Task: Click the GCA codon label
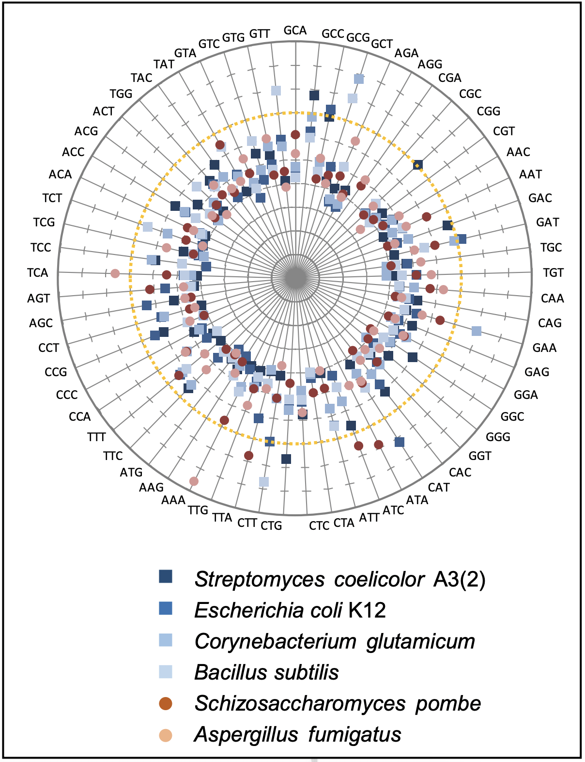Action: tap(295, 31)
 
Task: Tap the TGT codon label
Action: tap(553, 272)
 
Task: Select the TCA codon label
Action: tap(37, 272)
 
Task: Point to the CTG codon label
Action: tap(271, 525)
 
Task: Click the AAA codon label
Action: tap(173, 500)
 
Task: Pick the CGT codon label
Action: tap(504, 131)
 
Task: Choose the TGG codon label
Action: tap(121, 94)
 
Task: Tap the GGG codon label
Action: tap(498, 437)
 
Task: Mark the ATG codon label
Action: tap(131, 472)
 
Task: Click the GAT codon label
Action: tap(548, 222)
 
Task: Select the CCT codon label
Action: tap(49, 348)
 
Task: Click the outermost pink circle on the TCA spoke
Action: tap(115, 273)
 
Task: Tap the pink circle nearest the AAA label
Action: tap(194, 481)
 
